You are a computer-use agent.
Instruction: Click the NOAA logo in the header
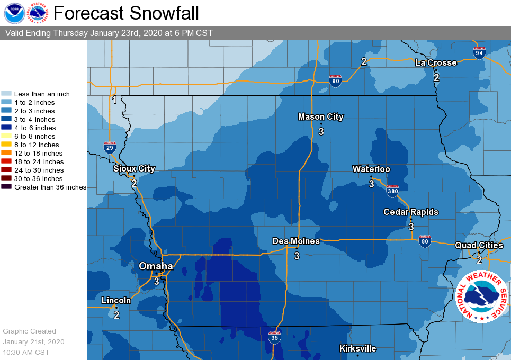point(14,13)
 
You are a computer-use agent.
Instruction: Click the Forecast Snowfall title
point(126,13)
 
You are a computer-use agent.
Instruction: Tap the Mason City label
point(320,117)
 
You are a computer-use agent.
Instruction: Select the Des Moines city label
point(296,241)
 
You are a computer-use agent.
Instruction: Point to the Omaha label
point(156,266)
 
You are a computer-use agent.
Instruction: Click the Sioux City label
point(134,168)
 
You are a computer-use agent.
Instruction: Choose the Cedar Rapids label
point(411,212)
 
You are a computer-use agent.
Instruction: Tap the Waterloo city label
point(371,169)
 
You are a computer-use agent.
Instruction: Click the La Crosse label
point(435,62)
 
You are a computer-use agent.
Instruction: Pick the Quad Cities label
point(479,245)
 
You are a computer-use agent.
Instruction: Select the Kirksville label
point(358,348)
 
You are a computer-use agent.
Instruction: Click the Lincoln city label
point(116,300)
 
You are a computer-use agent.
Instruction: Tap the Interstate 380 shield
point(392,191)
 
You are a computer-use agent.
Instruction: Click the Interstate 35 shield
point(273,337)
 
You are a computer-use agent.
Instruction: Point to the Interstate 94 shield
point(479,52)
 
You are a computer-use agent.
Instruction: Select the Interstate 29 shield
point(110,147)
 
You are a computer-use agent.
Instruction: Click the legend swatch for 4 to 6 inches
point(6,128)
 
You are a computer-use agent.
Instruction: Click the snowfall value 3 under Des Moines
point(297,256)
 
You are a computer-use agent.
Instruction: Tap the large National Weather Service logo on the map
point(481,296)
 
